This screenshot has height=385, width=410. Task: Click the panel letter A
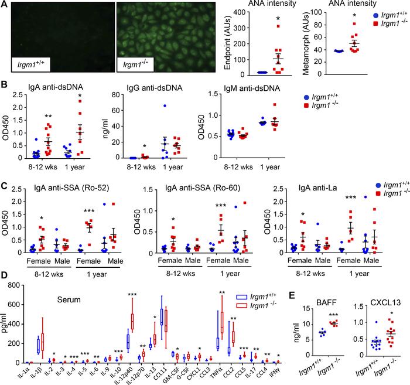coord(5,5)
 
